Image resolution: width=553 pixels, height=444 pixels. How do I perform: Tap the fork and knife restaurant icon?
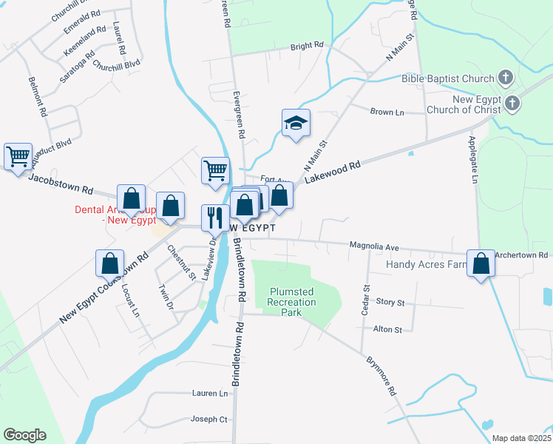coord(215,218)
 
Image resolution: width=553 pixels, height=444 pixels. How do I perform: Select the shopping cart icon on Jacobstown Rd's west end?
coord(18,156)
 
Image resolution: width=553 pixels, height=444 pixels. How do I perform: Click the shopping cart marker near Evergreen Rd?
coord(215,170)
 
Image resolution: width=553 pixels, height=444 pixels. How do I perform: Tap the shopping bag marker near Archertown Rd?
coord(481,263)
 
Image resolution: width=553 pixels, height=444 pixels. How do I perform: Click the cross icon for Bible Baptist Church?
coord(506,77)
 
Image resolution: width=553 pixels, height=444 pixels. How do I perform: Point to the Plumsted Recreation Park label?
coord(292,302)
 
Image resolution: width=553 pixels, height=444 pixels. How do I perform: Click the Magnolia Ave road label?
coord(374,246)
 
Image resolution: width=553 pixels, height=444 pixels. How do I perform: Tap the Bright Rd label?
coord(307,46)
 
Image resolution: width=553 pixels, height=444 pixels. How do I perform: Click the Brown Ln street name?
coord(387,112)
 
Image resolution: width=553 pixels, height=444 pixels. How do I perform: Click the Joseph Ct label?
coord(209,420)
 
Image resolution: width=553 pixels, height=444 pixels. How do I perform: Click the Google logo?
coord(24,435)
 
